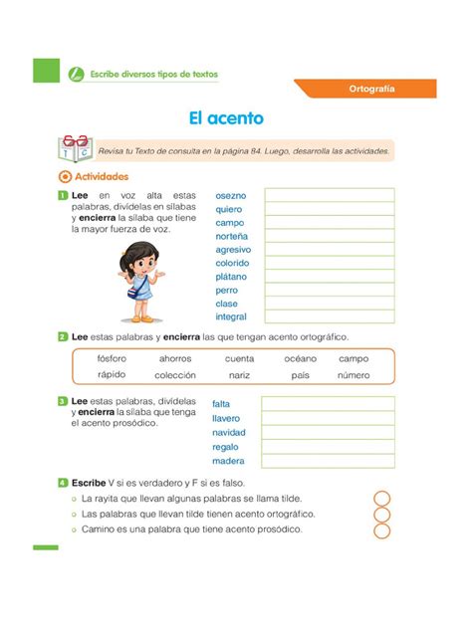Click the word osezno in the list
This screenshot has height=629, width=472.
tap(231, 195)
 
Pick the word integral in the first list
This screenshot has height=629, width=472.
tap(231, 316)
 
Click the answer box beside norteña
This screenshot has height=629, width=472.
tap(329, 236)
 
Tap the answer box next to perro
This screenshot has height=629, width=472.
tap(329, 290)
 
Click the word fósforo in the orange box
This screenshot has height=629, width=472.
tap(113, 357)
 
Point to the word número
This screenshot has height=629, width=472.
tap(354, 375)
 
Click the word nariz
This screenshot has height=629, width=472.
tap(239, 375)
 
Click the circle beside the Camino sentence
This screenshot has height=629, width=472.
tap(381, 530)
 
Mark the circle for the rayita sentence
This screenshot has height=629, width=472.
tap(381, 498)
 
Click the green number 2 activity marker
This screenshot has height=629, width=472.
tap(63, 337)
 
